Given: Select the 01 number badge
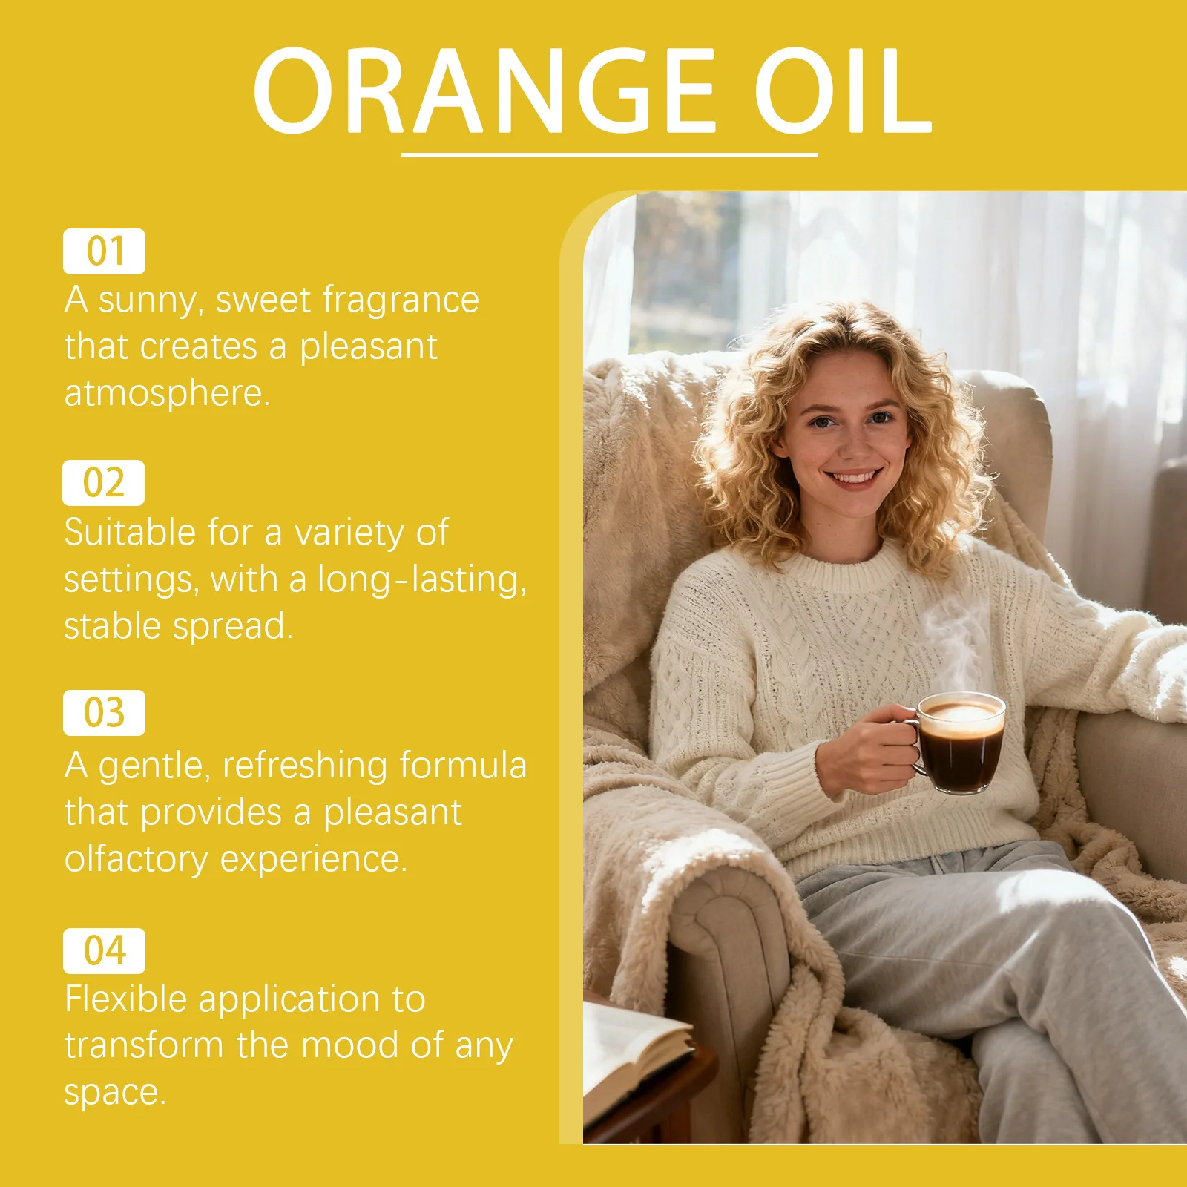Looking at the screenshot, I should [x=104, y=251].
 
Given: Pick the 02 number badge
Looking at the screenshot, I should [x=104, y=483].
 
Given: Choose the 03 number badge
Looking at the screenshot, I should [x=104, y=713].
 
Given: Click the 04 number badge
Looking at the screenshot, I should [x=104, y=950].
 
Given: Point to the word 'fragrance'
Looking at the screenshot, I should [x=401, y=300].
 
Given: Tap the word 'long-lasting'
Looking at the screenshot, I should [x=421, y=579].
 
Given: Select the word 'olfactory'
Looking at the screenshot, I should [x=136, y=859].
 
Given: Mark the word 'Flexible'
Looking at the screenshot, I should [x=125, y=999].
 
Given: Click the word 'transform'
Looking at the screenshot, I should [x=143, y=1045].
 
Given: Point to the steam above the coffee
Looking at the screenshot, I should [x=953, y=638].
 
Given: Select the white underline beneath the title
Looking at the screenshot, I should [x=609, y=155].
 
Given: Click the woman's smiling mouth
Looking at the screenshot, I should [x=854, y=477].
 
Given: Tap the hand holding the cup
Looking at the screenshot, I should [x=868, y=749].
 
